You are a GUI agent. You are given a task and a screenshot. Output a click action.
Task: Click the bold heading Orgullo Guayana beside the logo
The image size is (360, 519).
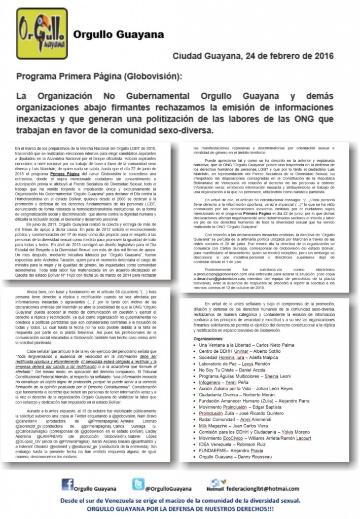click(x=118, y=34)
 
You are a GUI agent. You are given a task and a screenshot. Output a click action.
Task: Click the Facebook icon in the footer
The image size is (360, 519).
click(x=67, y=484)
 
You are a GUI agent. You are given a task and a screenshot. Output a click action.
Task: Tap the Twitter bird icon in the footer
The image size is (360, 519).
click(x=138, y=484)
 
